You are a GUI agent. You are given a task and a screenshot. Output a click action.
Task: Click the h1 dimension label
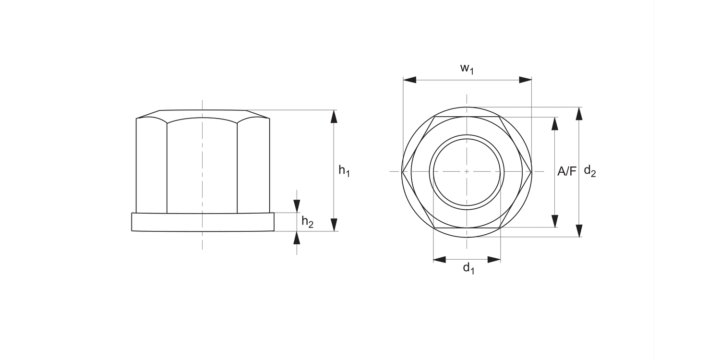tap(344, 170)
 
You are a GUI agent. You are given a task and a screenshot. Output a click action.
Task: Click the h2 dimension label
tap(307, 222)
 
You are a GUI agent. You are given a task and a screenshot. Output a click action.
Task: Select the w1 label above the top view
tap(467, 69)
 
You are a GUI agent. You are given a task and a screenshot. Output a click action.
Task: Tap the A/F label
tap(566, 171)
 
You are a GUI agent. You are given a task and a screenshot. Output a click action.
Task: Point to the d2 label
tap(589, 171)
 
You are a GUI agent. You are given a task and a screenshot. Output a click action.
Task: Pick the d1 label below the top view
tap(468, 269)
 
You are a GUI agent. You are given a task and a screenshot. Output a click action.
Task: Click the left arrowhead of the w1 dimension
tap(409, 80)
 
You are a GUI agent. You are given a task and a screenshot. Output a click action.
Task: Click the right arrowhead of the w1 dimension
tap(526, 80)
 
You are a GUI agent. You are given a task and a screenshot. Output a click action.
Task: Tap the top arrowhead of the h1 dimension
tap(335, 116)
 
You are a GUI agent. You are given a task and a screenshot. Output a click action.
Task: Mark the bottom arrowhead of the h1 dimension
tap(335, 225)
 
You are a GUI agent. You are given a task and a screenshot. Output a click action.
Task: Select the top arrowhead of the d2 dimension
tap(579, 113)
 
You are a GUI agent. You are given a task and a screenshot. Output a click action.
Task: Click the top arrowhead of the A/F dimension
tap(555, 123)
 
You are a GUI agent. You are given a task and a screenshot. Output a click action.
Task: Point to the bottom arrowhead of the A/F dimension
tap(555, 221)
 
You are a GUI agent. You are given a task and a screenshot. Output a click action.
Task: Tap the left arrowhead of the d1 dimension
tap(439, 260)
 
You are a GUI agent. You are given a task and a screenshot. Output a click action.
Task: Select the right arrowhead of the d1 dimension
tap(494, 260)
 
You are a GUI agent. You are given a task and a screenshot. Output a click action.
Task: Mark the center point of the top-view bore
tap(466, 171)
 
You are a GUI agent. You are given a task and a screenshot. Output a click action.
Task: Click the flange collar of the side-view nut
tap(203, 222)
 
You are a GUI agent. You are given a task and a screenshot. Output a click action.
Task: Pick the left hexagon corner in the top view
tap(402, 171)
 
